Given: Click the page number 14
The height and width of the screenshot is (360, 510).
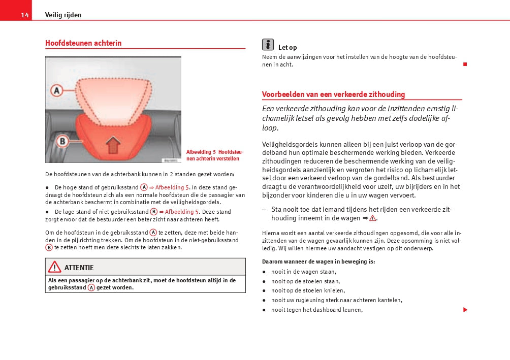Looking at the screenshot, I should (24, 15).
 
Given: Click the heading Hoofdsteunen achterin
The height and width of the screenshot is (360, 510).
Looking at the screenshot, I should (83, 43).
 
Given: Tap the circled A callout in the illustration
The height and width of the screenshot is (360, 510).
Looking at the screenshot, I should (56, 91).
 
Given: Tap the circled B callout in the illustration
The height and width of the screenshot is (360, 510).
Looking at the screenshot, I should (61, 140).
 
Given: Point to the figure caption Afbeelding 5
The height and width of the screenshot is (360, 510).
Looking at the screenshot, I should (215, 155).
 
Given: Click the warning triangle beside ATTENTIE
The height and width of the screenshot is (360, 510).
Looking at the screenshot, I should (54, 267).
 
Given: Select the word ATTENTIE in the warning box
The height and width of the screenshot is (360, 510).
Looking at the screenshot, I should (79, 268).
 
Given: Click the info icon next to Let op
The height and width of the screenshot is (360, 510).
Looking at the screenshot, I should (268, 44).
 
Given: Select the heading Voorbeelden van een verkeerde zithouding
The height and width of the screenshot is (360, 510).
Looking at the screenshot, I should (333, 94).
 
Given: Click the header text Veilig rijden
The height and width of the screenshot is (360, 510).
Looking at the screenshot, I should (63, 15).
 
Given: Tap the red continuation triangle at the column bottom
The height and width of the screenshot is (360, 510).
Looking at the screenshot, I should (464, 310).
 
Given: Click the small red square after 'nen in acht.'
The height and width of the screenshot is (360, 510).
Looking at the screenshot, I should (464, 64).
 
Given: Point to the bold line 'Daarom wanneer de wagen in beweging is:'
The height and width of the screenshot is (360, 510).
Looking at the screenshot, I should (318, 261).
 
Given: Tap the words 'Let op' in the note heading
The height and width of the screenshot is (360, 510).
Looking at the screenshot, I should (288, 48).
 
